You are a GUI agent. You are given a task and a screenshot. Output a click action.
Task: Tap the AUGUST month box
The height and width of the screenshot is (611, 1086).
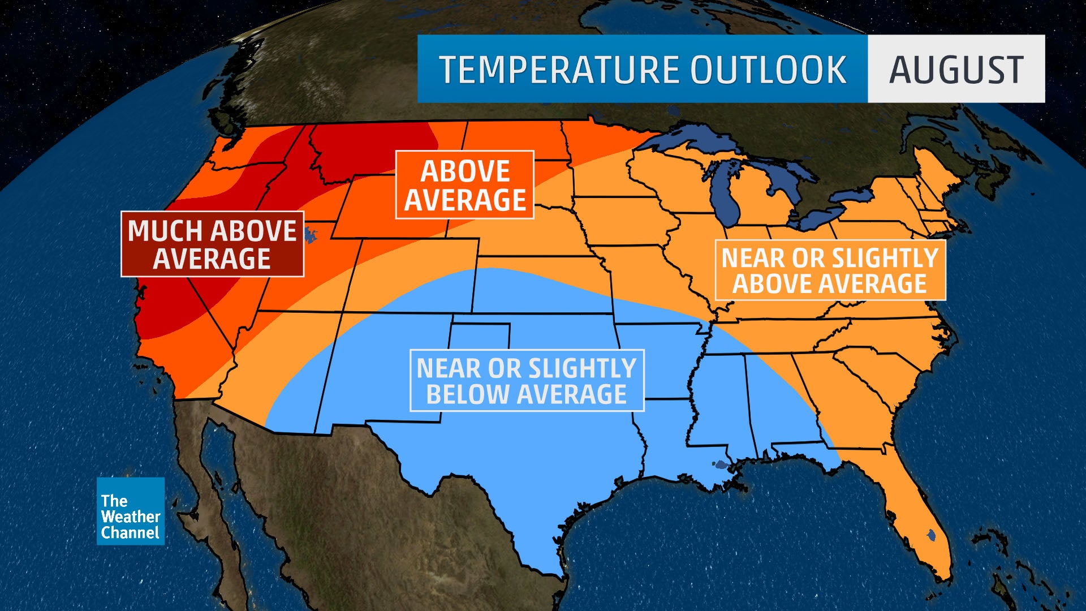pyautogui.click(x=956, y=69)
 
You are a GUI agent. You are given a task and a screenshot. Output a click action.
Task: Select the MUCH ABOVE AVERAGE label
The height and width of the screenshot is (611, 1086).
pyautogui.click(x=212, y=244)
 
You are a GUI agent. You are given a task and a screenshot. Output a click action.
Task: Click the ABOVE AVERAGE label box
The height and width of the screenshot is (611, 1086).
pyautogui.click(x=464, y=185)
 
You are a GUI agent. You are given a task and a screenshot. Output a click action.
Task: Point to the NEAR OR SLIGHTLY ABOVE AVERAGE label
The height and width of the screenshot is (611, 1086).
pyautogui.click(x=830, y=270)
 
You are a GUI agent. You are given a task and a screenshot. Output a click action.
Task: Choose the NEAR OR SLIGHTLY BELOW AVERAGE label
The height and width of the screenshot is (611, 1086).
pyautogui.click(x=527, y=380)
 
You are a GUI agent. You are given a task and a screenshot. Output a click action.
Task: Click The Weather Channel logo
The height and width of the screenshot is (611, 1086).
pyautogui.click(x=131, y=511)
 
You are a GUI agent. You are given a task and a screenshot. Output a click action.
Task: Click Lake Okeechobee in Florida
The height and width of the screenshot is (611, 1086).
pyautogui.click(x=930, y=533)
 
